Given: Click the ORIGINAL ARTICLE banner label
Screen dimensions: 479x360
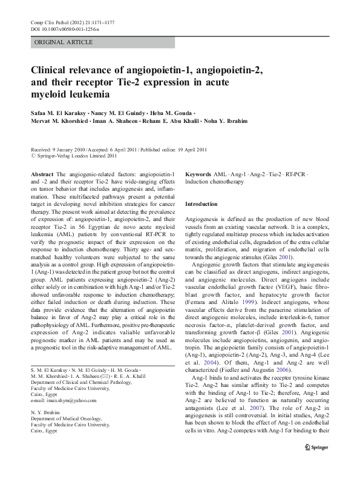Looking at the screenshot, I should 64,42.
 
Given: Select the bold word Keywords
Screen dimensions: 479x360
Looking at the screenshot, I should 198,174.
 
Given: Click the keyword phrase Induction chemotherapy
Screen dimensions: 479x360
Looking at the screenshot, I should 214,182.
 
